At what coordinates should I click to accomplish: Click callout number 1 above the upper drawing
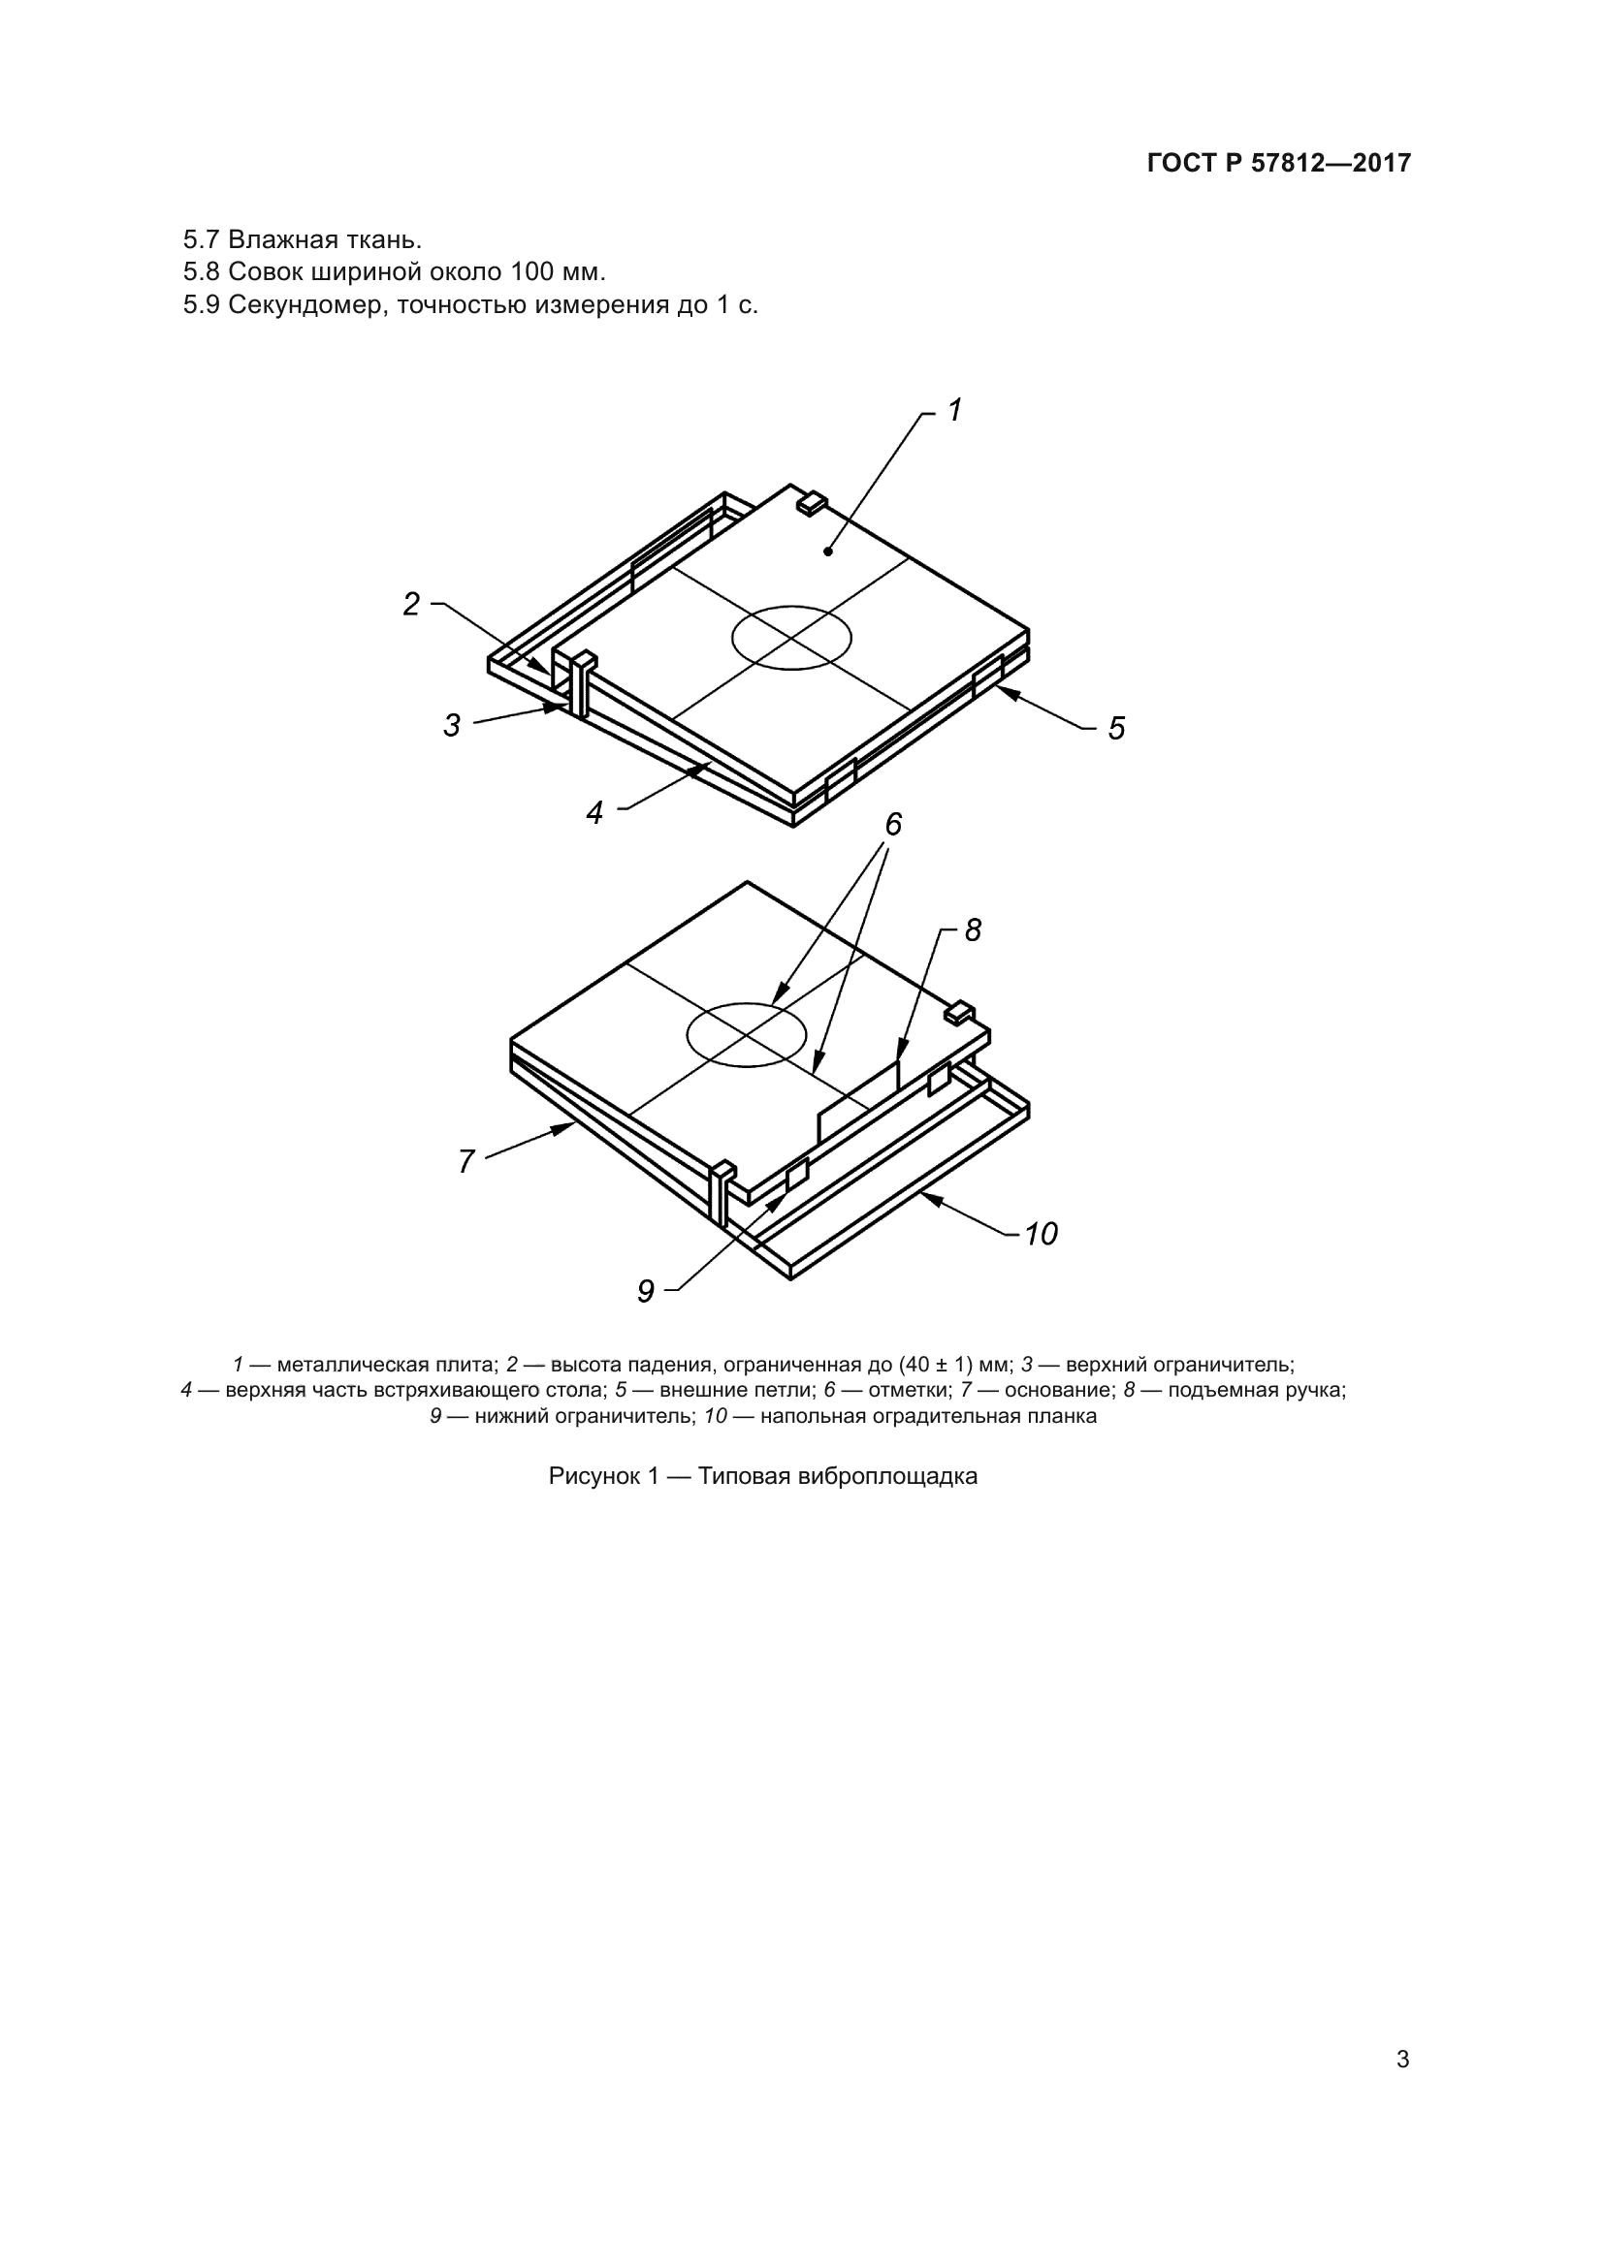(955, 410)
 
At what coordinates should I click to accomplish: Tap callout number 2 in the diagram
(412, 604)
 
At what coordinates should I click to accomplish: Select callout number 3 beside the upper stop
(452, 726)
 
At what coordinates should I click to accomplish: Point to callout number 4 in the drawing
(594, 812)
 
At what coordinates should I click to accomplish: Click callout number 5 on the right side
(1116, 729)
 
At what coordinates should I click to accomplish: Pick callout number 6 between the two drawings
(894, 825)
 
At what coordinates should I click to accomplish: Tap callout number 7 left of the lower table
(467, 1162)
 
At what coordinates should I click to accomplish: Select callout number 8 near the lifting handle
(973, 930)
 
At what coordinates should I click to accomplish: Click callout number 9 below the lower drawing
(646, 1291)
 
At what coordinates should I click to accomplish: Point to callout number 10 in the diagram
(1041, 1234)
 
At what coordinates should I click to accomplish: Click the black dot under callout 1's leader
(827, 551)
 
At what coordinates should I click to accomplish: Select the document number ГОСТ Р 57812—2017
(1279, 164)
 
